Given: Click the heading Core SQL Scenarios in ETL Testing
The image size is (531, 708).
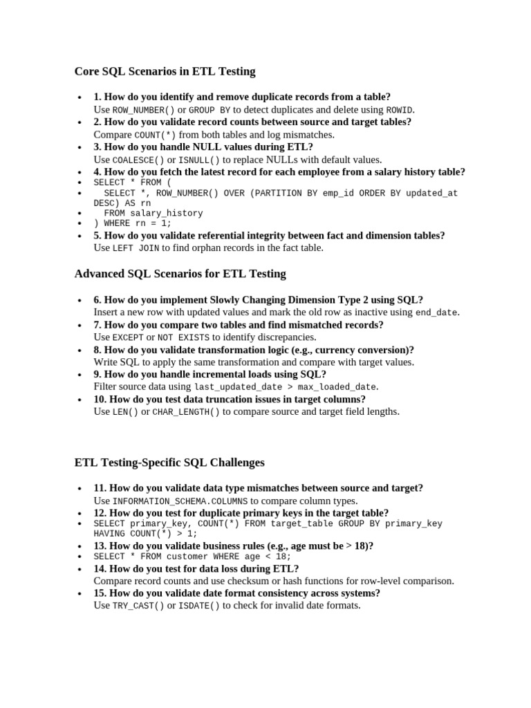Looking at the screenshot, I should click(165, 71).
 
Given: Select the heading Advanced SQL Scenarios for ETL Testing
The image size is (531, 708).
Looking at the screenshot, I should click(180, 274).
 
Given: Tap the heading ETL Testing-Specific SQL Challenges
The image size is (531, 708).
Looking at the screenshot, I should click(169, 462).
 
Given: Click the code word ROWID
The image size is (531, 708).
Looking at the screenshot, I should click(400, 110).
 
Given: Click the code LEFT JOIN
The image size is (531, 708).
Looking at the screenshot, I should click(136, 248).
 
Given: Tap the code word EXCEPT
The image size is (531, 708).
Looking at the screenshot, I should click(128, 337).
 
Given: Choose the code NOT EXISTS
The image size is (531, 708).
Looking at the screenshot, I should click(183, 337).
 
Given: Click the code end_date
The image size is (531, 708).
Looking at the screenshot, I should click(436, 313).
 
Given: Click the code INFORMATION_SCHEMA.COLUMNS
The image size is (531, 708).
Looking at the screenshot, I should click(180, 501).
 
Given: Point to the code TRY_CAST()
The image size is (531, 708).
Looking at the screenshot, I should click(138, 606).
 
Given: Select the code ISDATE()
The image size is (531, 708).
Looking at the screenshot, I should click(199, 606).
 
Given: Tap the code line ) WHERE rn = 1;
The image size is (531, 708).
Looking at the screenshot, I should click(132, 223).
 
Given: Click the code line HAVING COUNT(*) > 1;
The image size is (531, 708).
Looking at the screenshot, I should click(145, 534).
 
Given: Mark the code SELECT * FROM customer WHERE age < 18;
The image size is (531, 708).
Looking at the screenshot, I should click(192, 557).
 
